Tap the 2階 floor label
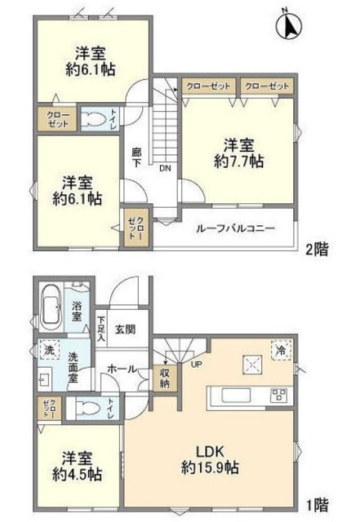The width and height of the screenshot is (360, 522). coord(318,250)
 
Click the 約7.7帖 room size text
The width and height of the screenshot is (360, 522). coord(238,161)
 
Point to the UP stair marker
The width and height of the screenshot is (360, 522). coord(197,365)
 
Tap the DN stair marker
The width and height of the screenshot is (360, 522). coord(164,170)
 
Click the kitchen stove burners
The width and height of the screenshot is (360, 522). coord(278,396)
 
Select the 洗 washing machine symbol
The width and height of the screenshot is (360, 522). coord(46,350)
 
